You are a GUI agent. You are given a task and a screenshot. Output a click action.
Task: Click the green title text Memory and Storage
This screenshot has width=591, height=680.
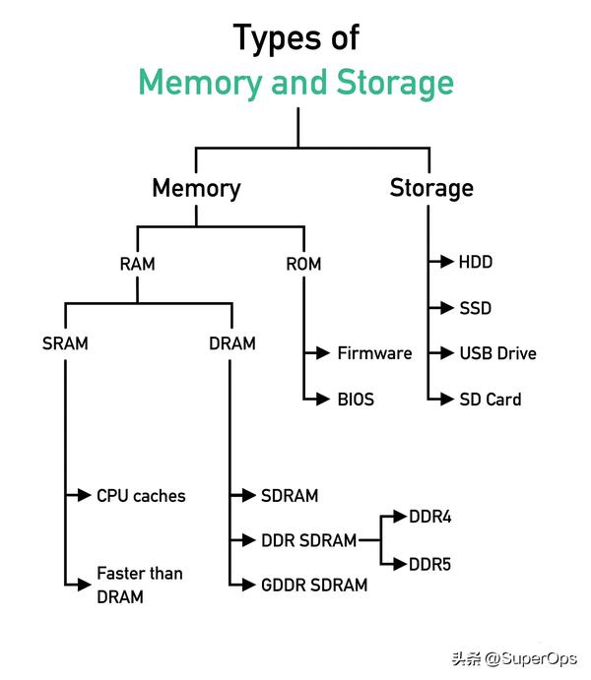pyautogui.click(x=295, y=83)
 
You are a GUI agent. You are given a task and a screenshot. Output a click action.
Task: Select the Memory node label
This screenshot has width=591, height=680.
pyautogui.click(x=196, y=189)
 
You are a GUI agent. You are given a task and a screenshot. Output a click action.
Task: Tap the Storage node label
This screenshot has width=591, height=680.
pyautogui.click(x=431, y=189)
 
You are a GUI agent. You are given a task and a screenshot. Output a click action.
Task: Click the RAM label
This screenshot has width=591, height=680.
pyautogui.click(x=137, y=264)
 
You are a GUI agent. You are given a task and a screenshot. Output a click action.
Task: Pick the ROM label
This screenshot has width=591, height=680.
pyautogui.click(x=303, y=264)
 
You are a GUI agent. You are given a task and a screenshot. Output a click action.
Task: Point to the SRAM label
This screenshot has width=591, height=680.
pyautogui.click(x=65, y=343)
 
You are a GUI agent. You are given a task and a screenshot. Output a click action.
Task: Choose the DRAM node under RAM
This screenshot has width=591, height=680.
pyautogui.click(x=232, y=343)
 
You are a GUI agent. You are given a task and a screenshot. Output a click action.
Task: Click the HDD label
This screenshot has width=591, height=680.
pyautogui.click(x=476, y=262)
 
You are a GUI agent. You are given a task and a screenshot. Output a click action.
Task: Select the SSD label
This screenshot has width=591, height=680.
pyautogui.click(x=475, y=308)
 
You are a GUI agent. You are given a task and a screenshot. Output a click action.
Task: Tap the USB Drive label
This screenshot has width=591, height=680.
pyautogui.click(x=497, y=353)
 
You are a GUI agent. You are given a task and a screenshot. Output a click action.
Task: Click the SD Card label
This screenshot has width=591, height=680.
pyautogui.click(x=491, y=400)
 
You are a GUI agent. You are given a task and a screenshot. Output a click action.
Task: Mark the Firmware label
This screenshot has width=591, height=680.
pyautogui.click(x=375, y=353)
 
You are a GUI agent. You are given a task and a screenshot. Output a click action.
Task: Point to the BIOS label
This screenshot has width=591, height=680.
pyautogui.click(x=356, y=400)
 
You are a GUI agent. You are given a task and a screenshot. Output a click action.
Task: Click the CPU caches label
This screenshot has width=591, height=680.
pyautogui.click(x=141, y=496)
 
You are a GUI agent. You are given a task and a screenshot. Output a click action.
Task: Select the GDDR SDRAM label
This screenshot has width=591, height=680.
pyautogui.click(x=314, y=585)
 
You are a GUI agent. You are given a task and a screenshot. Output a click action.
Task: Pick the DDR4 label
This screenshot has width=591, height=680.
pyautogui.click(x=430, y=517)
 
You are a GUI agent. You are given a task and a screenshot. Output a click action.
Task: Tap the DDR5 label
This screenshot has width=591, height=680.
pyautogui.click(x=430, y=564)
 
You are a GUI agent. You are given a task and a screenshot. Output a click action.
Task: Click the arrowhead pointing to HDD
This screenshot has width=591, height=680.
pyautogui.click(x=447, y=262)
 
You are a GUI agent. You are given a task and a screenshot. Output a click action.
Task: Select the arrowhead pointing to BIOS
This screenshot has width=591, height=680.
pyautogui.click(x=323, y=399)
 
